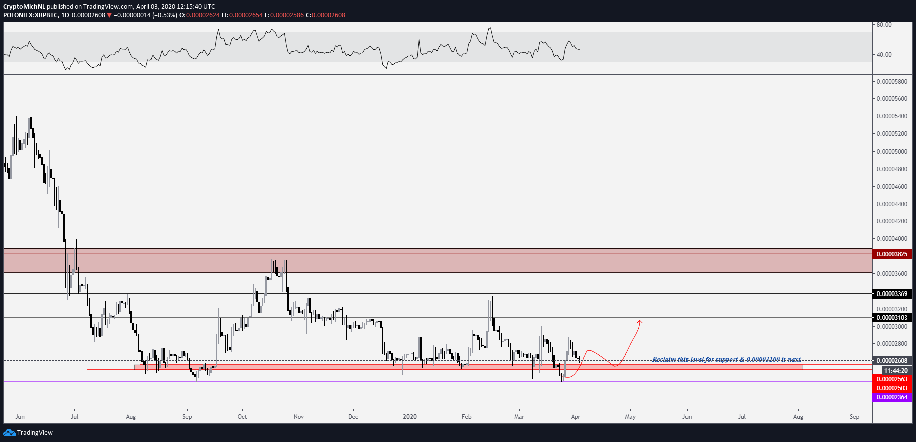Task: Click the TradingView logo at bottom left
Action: tap(28, 432)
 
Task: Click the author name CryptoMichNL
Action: tap(24, 7)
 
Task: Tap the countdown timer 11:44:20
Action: tap(896, 371)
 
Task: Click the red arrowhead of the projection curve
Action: tap(640, 321)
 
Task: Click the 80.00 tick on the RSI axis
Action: tap(884, 25)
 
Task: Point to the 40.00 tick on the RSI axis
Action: tap(884, 55)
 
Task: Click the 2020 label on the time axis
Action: tap(410, 417)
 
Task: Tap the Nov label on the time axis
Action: tap(299, 417)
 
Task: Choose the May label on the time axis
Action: tap(630, 417)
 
